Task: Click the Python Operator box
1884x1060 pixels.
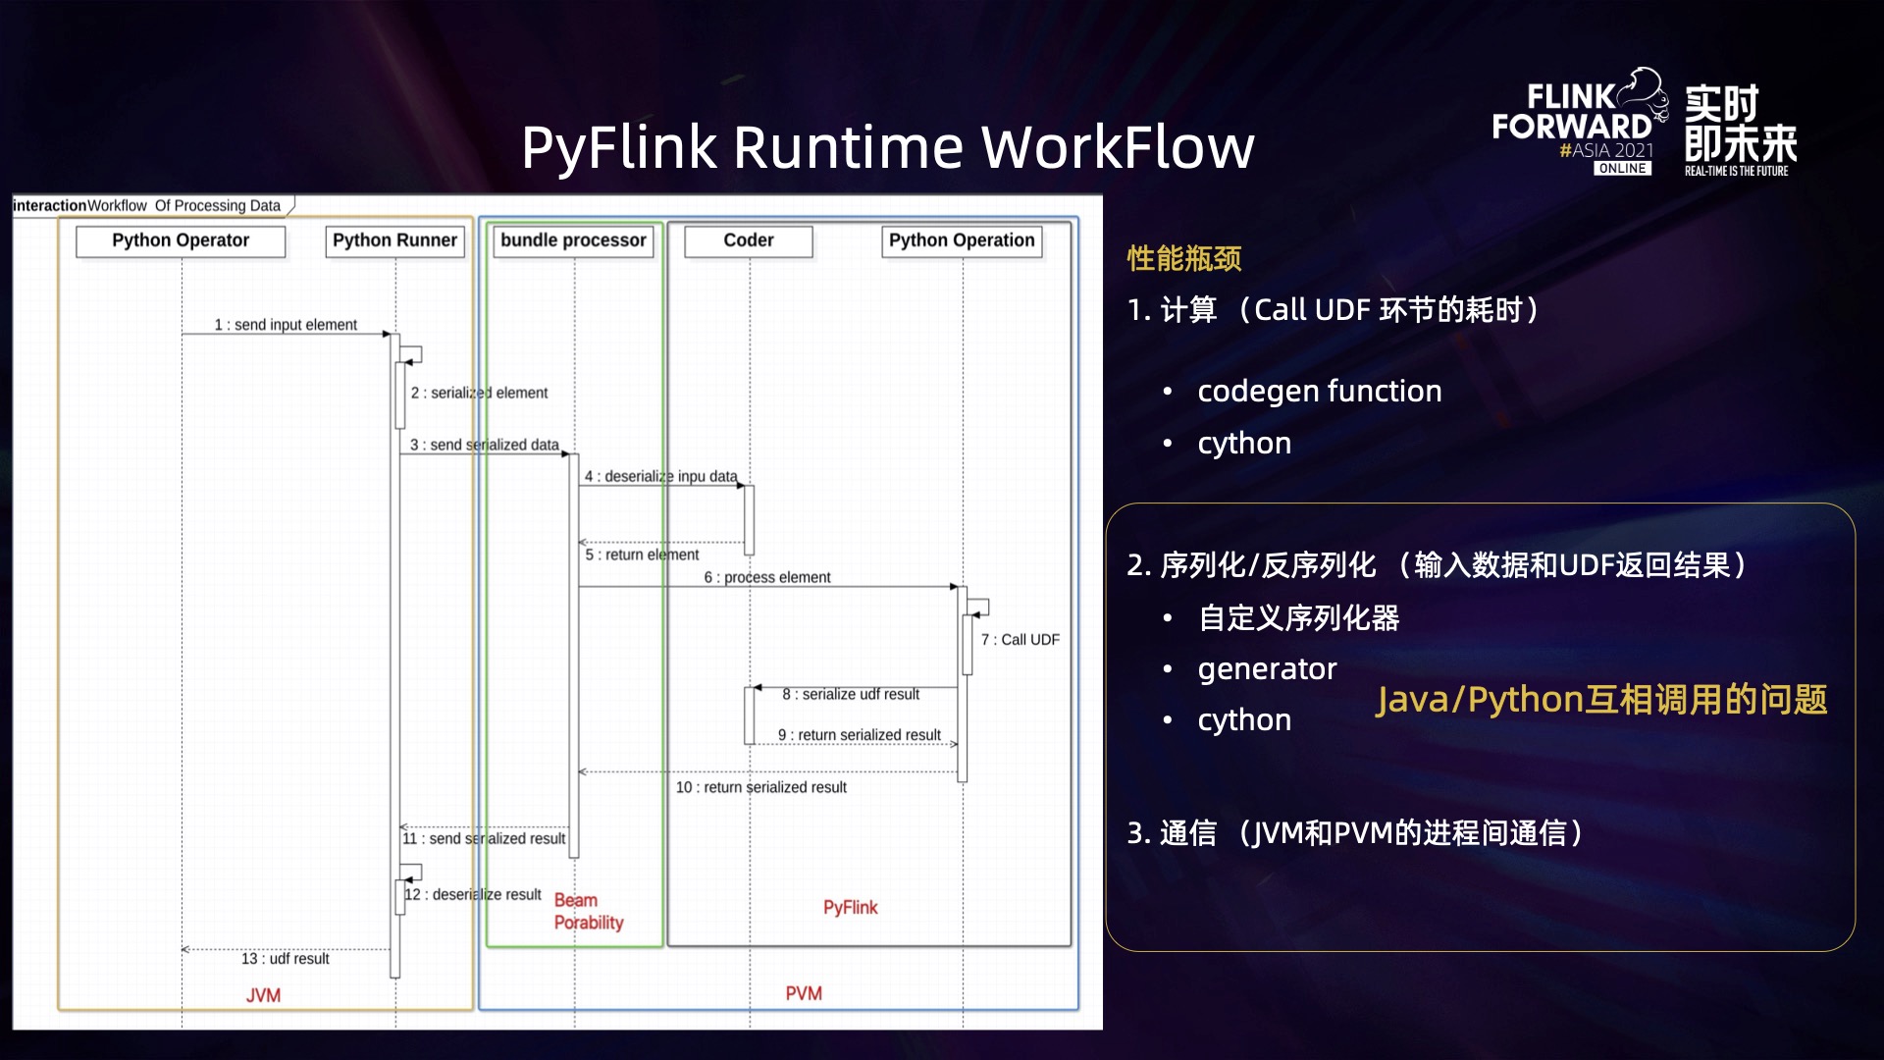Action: [181, 240]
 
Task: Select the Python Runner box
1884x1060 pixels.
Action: [394, 240]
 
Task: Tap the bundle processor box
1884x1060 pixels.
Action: [573, 240]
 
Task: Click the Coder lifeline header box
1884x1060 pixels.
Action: [749, 240]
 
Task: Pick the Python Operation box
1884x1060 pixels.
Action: [962, 240]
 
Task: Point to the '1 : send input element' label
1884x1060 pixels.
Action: [286, 325]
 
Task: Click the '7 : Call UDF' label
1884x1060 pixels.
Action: [1020, 640]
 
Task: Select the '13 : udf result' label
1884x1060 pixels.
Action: [286, 959]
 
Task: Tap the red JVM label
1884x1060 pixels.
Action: [263, 995]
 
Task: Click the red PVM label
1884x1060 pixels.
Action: [804, 993]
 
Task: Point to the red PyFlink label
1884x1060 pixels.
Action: [850, 908]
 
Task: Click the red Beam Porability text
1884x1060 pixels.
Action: [588, 912]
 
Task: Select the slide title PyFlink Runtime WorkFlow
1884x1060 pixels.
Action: [887, 147]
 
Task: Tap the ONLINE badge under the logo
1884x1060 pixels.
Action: [1622, 169]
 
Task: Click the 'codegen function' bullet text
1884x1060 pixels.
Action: [1319, 392]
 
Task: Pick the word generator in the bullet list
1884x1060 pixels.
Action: [1267, 669]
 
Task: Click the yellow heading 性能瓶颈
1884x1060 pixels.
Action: [1184, 259]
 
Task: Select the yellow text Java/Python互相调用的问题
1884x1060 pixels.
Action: [1601, 700]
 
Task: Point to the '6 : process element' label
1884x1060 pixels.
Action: [766, 577]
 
